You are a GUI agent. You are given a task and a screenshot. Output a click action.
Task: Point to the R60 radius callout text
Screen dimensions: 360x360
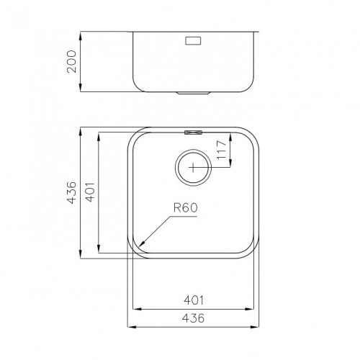(185, 210)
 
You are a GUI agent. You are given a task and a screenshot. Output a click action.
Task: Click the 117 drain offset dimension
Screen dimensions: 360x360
(222, 150)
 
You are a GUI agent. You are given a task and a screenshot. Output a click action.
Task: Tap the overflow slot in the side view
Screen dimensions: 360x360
(194, 42)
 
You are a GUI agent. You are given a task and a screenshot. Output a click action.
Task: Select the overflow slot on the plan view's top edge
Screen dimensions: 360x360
(194, 132)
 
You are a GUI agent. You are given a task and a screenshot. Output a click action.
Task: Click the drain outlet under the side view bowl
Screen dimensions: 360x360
(194, 93)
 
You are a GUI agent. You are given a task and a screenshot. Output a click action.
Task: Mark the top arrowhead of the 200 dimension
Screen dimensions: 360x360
(81, 33)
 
